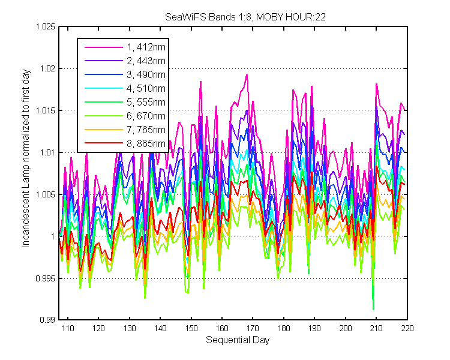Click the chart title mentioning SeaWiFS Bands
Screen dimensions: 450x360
[x=245, y=17]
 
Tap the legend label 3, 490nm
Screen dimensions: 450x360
[x=146, y=74]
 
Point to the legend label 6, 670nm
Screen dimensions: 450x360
[x=146, y=116]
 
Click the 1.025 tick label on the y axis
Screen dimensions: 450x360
[x=45, y=26]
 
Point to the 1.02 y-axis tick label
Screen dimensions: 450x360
[x=47, y=68]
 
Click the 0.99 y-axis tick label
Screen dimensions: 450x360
[x=47, y=320]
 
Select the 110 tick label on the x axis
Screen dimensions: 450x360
[x=68, y=328]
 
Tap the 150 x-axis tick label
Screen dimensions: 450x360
[x=191, y=328]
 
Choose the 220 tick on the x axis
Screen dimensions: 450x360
[x=407, y=328]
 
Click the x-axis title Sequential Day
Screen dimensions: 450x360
[x=238, y=340]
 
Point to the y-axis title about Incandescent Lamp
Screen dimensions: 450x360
[x=26, y=158]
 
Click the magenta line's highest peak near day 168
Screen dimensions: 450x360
[x=247, y=75]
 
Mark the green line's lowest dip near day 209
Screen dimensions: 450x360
[x=373, y=310]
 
